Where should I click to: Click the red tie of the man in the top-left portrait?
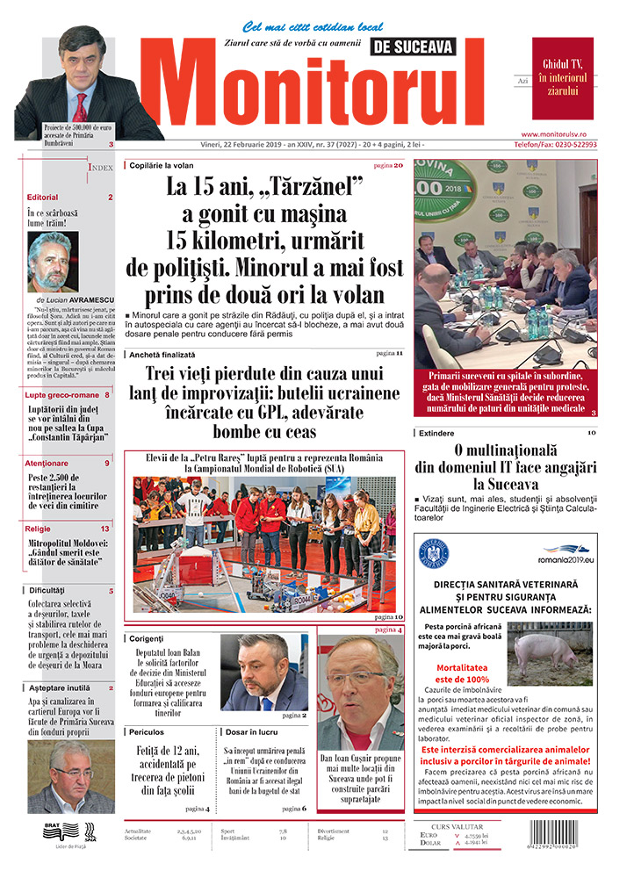click(x=81, y=109)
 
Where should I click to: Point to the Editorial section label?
click(x=42, y=198)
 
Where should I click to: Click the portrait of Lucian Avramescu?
click(x=53, y=262)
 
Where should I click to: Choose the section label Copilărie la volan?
click(x=161, y=165)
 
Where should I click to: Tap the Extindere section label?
click(x=436, y=433)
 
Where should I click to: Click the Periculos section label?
click(x=146, y=730)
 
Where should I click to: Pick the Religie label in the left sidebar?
click(x=38, y=529)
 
